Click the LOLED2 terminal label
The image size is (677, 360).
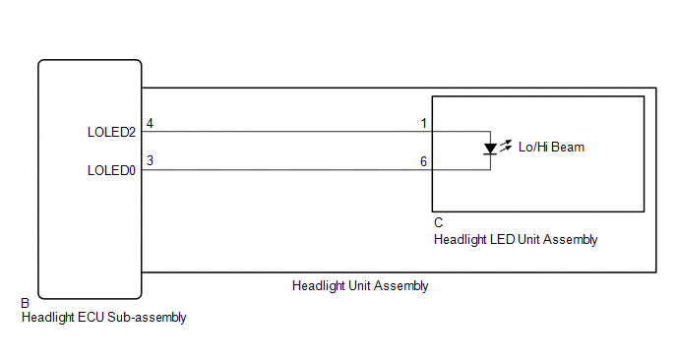pos(110,132)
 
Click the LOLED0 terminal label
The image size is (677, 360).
pos(110,170)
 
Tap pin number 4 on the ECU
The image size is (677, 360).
pos(150,123)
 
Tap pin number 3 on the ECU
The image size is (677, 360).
pos(150,160)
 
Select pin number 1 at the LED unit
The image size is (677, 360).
pos(423,123)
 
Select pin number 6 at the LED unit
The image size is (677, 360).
pos(423,160)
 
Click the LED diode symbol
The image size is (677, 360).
pos(490,150)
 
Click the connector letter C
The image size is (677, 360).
pos(438,223)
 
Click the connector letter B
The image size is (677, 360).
pos(25,304)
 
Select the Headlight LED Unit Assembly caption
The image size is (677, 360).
pos(515,239)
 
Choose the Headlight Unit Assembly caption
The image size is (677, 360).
pos(359,286)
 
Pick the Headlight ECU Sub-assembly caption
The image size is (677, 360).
pos(103,318)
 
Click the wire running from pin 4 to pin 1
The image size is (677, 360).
pos(285,132)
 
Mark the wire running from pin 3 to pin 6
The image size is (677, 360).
pos(285,170)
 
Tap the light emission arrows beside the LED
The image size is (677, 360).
pos(506,145)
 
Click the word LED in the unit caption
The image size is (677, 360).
pos(502,239)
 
